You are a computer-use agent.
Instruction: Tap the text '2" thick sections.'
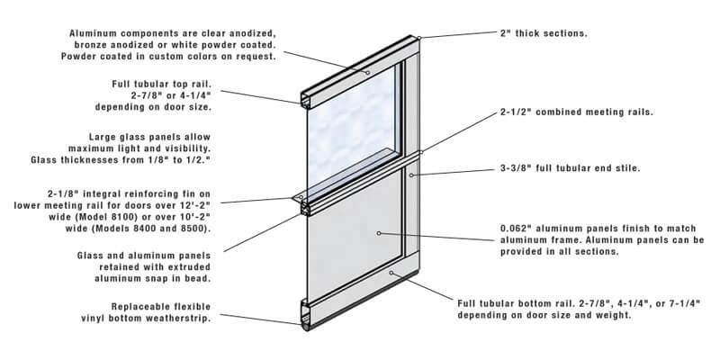tap(544, 33)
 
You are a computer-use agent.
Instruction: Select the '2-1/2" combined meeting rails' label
tap(576, 113)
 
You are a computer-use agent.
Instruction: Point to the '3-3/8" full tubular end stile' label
tap(576, 168)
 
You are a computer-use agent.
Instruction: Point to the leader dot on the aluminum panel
tap(380, 233)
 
